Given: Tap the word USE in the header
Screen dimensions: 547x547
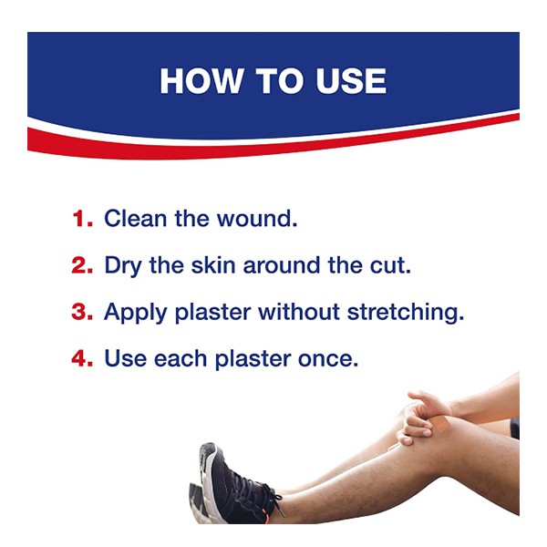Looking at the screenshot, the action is tap(351, 81).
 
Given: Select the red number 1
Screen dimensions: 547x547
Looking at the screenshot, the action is tap(83, 219).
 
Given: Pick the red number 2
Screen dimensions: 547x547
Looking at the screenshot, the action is tap(82, 265).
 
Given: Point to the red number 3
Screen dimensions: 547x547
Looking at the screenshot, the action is tap(82, 312).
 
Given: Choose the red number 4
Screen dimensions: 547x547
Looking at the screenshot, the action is tap(82, 358).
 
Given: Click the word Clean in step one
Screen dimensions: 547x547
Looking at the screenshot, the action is tap(135, 219).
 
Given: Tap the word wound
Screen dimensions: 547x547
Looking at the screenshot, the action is tap(257, 219).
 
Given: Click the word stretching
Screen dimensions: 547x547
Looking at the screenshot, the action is tap(406, 313).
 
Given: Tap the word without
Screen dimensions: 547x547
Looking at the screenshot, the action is tap(299, 312).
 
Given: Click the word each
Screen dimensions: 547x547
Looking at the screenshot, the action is tap(181, 358).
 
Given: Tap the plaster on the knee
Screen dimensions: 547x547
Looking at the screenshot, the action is tap(440, 423).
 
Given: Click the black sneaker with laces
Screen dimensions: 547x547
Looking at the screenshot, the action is tap(236, 486).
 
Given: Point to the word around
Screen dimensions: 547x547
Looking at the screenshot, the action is tap(281, 265).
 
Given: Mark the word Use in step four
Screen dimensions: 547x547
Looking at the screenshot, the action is tap(126, 358).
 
